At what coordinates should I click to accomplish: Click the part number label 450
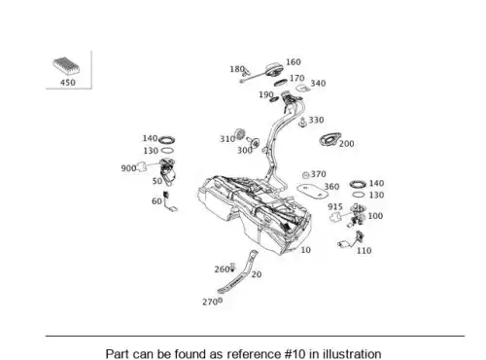point(68,83)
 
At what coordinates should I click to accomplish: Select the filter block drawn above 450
point(66,65)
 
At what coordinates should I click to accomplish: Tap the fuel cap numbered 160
point(274,70)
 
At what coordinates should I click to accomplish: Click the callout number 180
point(237,69)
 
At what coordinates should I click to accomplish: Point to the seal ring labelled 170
point(281,83)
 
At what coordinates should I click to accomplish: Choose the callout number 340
point(318,84)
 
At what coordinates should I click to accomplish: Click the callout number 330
point(316,120)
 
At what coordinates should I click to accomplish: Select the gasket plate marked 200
point(330,139)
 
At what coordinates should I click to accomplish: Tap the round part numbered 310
point(240,134)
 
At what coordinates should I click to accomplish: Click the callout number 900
point(128,168)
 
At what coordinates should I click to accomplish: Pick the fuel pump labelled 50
point(168,171)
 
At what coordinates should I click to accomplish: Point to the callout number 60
point(156,201)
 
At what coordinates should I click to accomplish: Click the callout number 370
point(319,174)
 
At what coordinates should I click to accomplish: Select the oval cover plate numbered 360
point(313,191)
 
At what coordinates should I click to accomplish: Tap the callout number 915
point(335,206)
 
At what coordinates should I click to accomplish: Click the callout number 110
point(364,251)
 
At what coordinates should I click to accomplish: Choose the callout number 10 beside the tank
point(306,250)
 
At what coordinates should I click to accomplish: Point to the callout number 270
point(210,302)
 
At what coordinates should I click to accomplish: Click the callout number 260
point(222,270)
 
